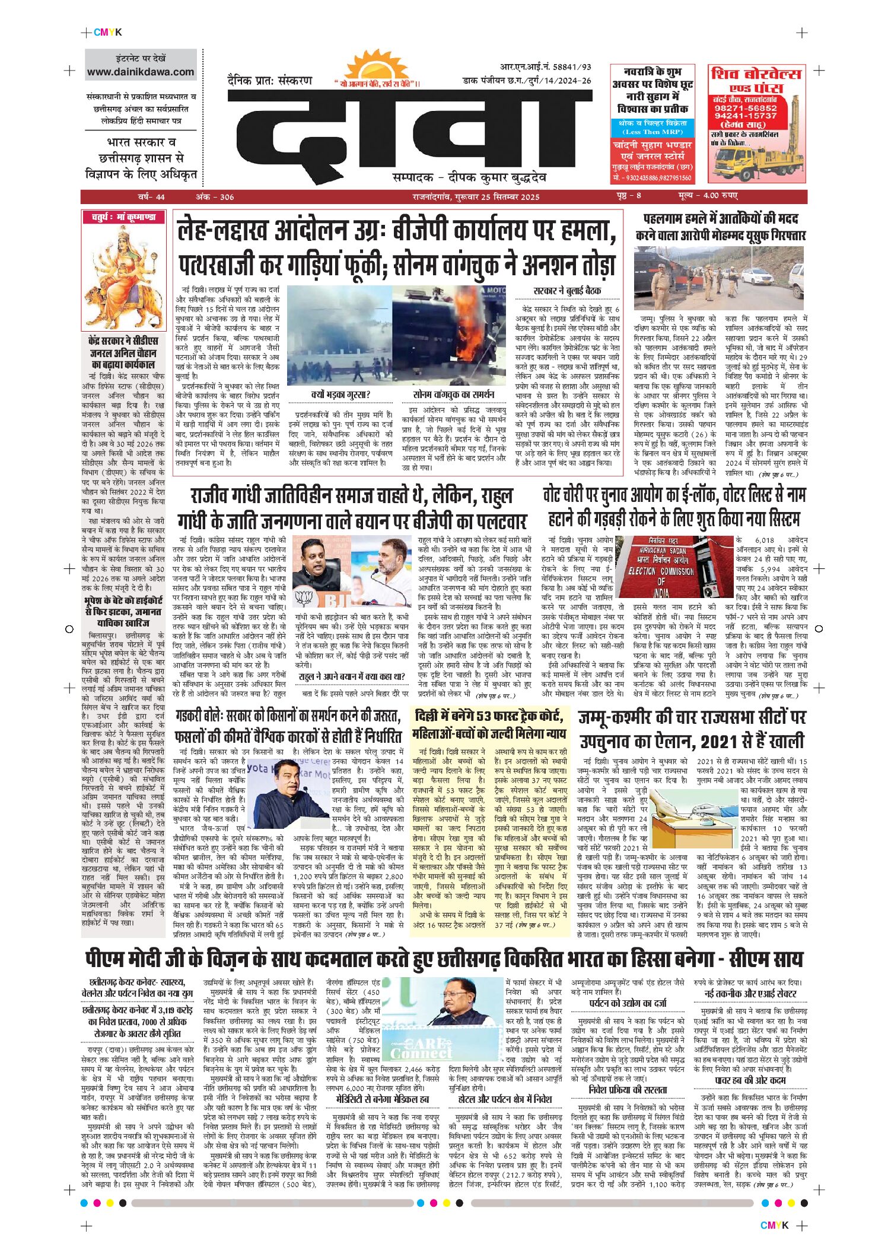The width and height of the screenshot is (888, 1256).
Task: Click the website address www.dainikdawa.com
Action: click(x=141, y=72)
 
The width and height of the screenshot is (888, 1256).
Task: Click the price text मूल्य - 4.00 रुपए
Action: click(x=708, y=196)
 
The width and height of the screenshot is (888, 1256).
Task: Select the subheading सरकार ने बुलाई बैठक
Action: click(x=566, y=291)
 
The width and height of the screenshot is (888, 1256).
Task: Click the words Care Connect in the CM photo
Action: click(x=421, y=1050)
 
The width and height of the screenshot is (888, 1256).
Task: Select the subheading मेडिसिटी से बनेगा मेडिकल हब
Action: click(x=382, y=1099)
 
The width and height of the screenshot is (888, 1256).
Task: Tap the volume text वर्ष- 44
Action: click(x=151, y=197)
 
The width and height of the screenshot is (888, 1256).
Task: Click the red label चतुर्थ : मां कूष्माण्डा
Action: click(x=123, y=217)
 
